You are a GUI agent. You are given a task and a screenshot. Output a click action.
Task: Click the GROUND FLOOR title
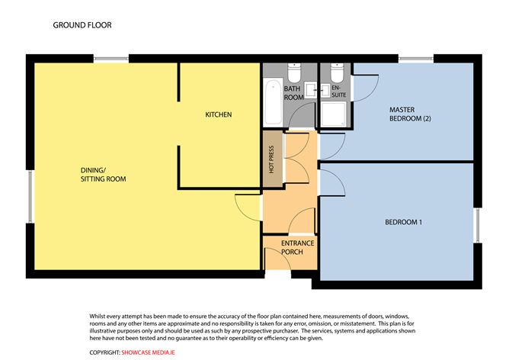pyautogui.click(x=82, y=25)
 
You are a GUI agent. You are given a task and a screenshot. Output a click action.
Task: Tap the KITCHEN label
pyautogui.click(x=218, y=115)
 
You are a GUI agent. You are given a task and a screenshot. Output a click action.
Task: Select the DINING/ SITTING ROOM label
pyautogui.click(x=103, y=175)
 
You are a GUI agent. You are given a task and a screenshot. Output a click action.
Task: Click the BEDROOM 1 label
pyautogui.click(x=403, y=223)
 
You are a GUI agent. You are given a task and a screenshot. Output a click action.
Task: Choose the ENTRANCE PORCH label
pyautogui.click(x=297, y=247)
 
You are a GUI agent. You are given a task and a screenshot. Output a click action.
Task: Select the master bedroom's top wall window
pyautogui.click(x=415, y=58)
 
